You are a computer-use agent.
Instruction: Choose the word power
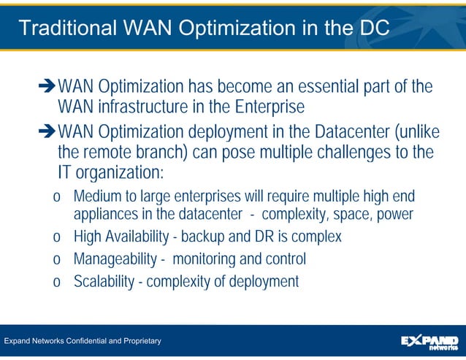[394, 214]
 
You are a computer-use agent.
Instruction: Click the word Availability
[142, 237]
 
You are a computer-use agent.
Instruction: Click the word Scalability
[103, 281]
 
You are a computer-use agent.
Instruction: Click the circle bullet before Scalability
[56, 282]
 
